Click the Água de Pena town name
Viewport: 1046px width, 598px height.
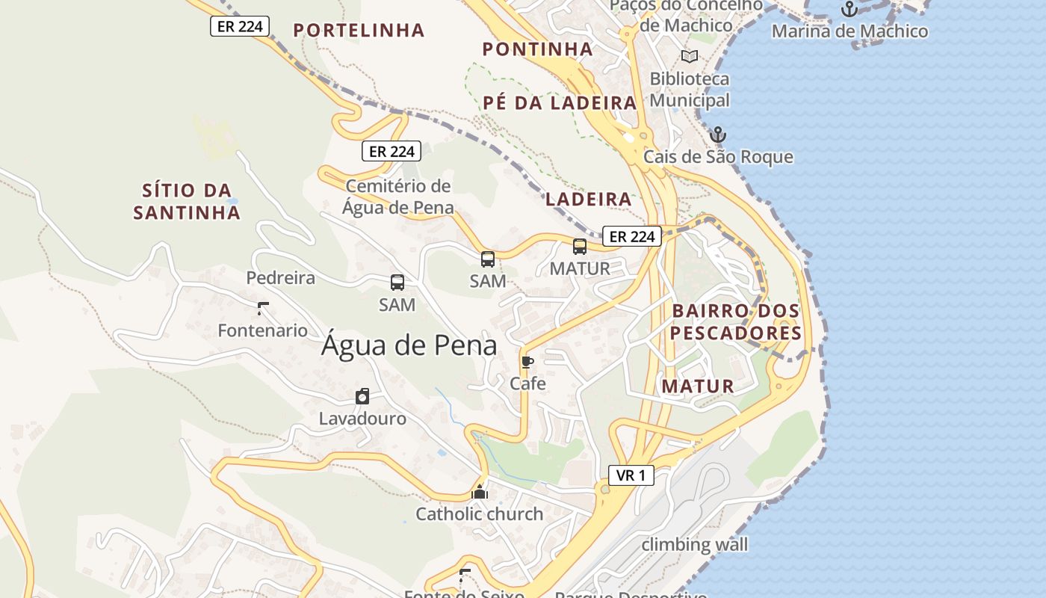(x=409, y=345)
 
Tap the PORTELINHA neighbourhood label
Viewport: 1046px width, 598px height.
(x=359, y=31)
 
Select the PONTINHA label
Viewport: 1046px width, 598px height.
(x=537, y=49)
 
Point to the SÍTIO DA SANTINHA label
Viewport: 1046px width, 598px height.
(x=187, y=202)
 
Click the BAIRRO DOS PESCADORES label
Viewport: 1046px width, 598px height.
(x=736, y=322)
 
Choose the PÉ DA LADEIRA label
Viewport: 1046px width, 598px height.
(x=560, y=103)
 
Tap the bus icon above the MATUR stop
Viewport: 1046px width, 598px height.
(x=580, y=247)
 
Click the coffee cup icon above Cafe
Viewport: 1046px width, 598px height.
(x=527, y=363)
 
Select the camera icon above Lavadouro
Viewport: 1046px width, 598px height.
(x=362, y=396)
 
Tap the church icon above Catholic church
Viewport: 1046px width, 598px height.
(x=480, y=492)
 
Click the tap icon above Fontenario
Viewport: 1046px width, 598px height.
(x=262, y=308)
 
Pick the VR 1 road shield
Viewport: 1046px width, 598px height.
(x=631, y=475)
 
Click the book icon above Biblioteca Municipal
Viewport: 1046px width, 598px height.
(x=689, y=57)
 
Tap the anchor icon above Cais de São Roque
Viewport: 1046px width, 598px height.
(x=718, y=135)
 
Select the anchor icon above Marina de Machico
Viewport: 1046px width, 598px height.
(x=849, y=10)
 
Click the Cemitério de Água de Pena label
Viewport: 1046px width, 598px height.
(x=398, y=197)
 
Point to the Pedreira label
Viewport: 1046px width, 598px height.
(x=281, y=278)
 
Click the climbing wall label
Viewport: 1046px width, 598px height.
(x=694, y=544)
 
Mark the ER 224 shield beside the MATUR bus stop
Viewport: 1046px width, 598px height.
(x=631, y=237)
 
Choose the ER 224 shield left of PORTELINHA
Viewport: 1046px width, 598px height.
(x=239, y=27)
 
